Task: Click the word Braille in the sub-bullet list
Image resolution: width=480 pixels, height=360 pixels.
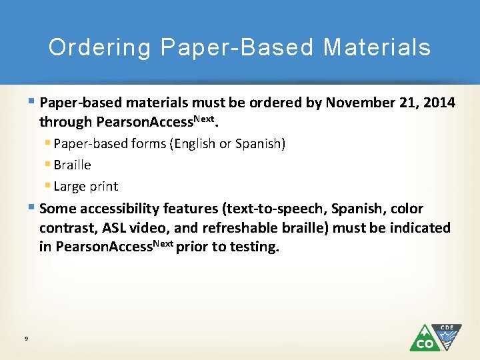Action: (72, 165)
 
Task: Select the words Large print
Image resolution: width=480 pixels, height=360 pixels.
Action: (85, 186)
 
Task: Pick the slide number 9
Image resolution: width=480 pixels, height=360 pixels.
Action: (25, 339)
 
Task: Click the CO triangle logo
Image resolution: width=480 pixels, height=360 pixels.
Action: (424, 339)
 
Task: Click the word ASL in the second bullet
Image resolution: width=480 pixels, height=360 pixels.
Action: (114, 228)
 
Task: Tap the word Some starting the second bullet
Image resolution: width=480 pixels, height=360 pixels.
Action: (58, 209)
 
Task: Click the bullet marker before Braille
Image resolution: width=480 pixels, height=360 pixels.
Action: (49, 165)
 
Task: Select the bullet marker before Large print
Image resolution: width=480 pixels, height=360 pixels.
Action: (49, 186)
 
